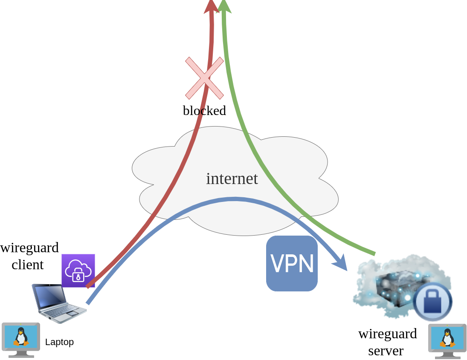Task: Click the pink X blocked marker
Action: pyautogui.click(x=204, y=78)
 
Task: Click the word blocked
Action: pyautogui.click(x=204, y=111)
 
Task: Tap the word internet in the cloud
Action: pyautogui.click(x=232, y=179)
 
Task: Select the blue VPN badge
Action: pyautogui.click(x=292, y=264)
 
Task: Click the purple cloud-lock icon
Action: pyautogui.click(x=78, y=271)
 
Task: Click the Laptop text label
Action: pyautogui.click(x=59, y=342)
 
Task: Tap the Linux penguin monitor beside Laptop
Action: pyautogui.click(x=21, y=339)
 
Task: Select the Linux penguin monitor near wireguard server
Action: pyautogui.click(x=447, y=341)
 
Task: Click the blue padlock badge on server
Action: pyautogui.click(x=432, y=302)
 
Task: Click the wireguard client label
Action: pyautogui.click(x=29, y=256)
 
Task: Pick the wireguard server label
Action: pyautogui.click(x=387, y=342)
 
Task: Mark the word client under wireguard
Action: pyautogui.click(x=28, y=265)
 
